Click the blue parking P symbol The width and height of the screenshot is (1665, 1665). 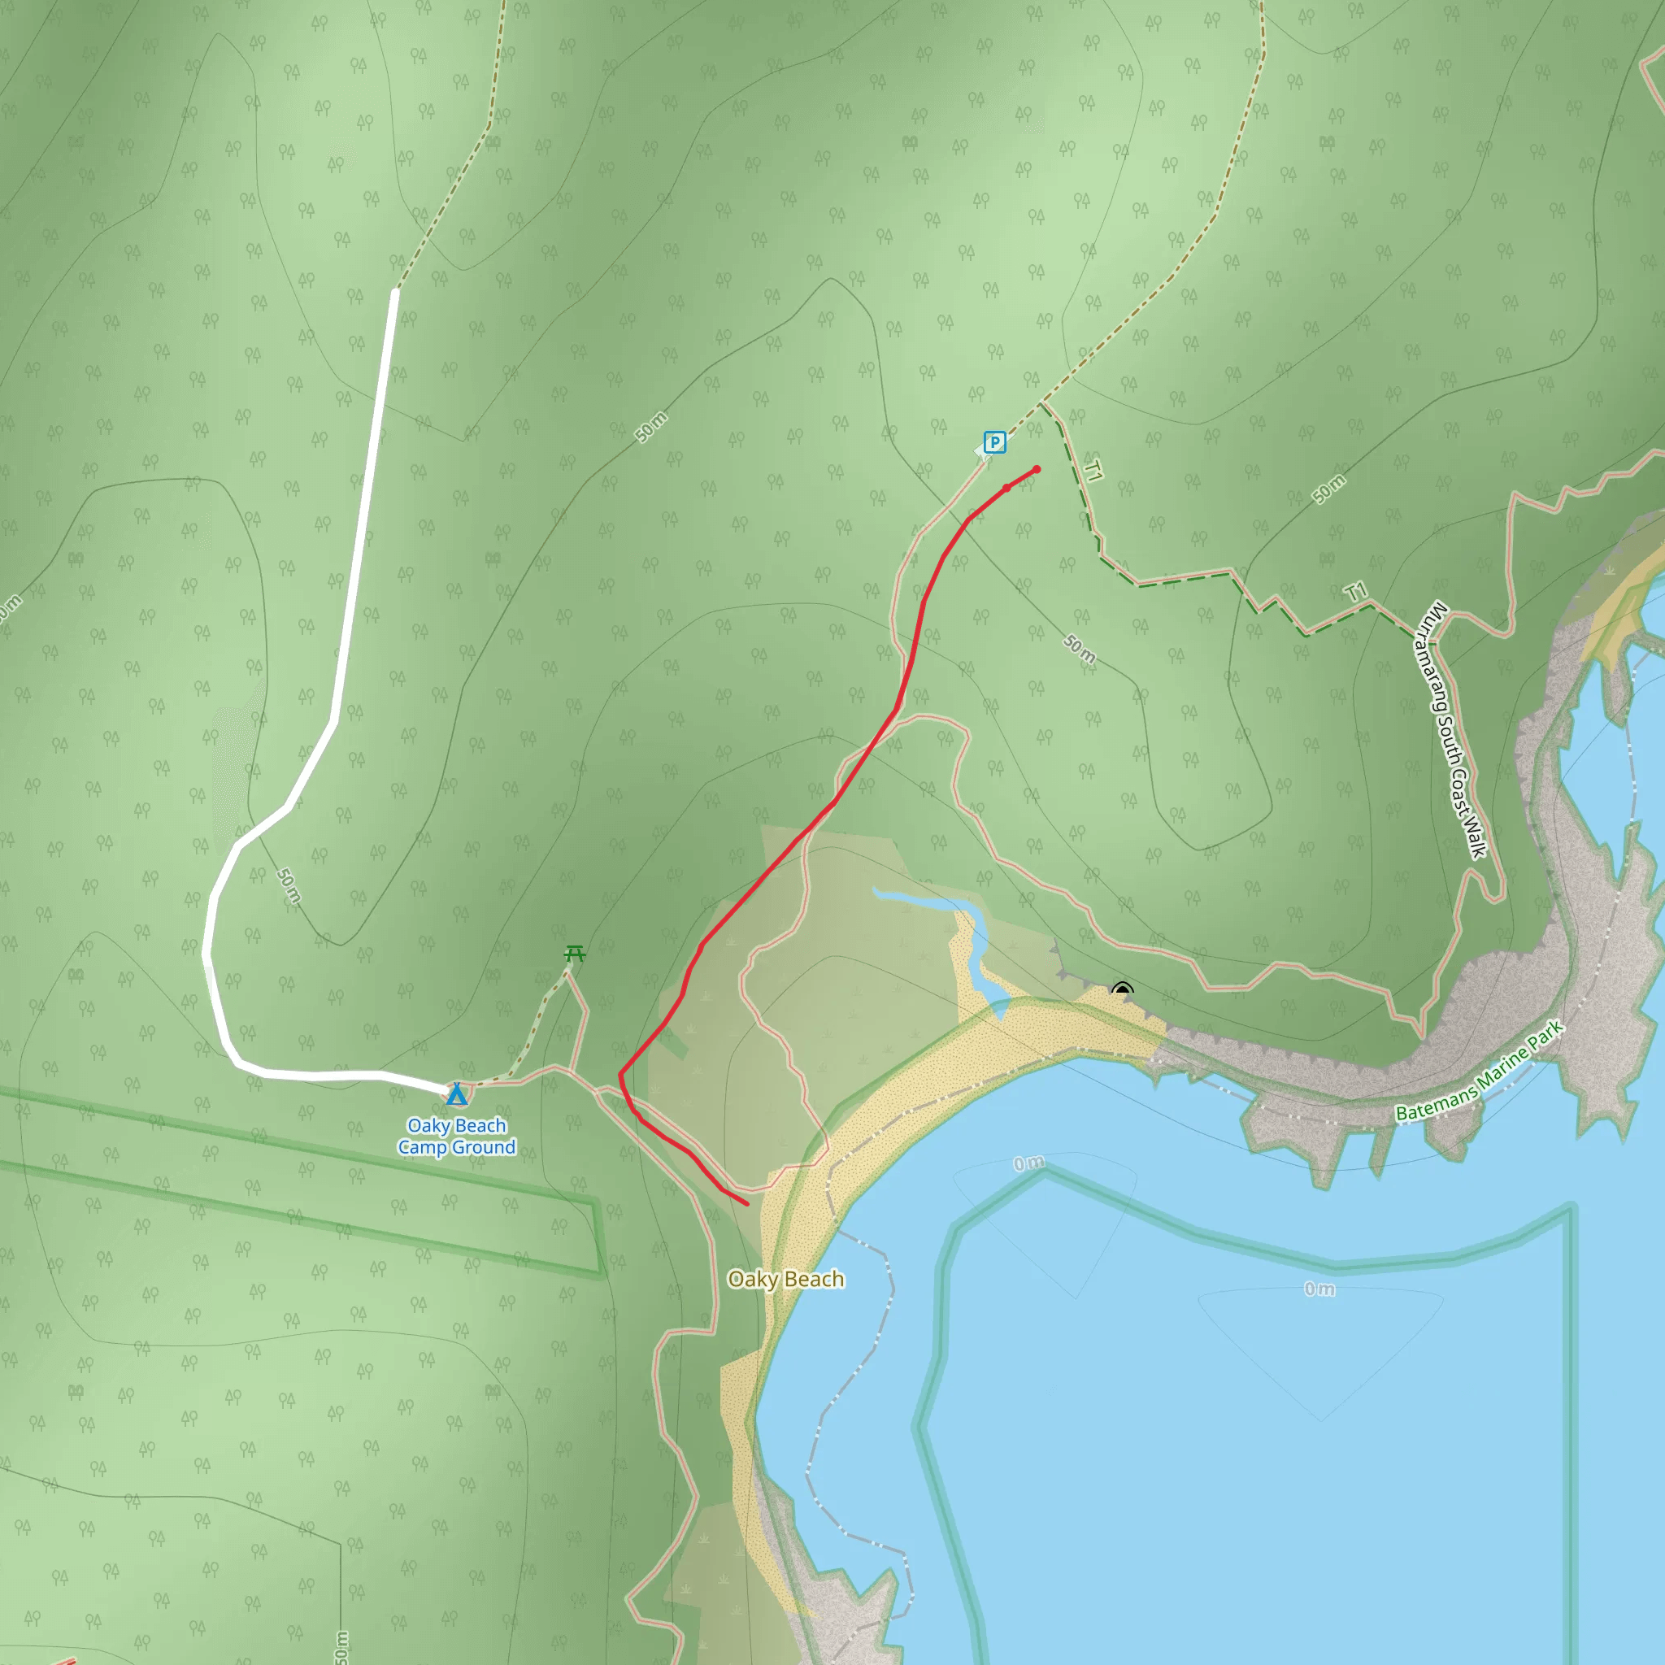[x=994, y=443]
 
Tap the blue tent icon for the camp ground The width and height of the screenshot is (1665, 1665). [x=457, y=1094]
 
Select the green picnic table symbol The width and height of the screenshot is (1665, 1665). [x=575, y=953]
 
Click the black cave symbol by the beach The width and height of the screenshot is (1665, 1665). [x=1121, y=989]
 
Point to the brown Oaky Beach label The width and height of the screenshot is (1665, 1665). [x=785, y=1279]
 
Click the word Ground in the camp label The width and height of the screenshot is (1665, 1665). [x=484, y=1147]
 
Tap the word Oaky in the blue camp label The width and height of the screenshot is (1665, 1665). [x=428, y=1125]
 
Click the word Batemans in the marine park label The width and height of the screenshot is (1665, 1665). [x=1436, y=1102]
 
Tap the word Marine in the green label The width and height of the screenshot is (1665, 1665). [x=1503, y=1064]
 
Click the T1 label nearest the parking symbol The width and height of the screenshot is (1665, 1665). [x=1093, y=471]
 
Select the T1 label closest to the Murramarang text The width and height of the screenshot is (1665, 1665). [x=1357, y=592]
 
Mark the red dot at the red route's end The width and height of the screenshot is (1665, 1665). [x=1037, y=470]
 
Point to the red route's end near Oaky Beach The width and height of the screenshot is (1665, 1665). [x=746, y=1204]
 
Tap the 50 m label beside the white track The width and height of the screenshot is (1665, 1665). [x=289, y=886]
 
